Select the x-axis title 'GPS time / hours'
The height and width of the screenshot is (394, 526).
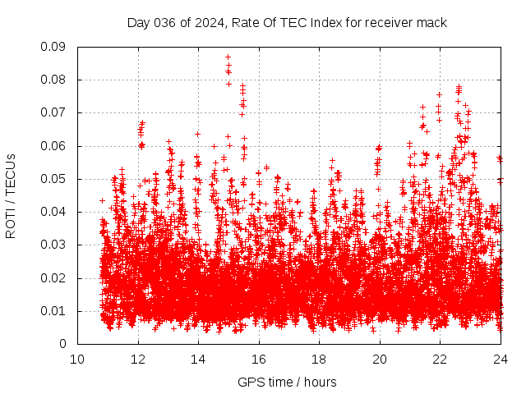(x=287, y=382)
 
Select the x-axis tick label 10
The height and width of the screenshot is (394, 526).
(x=77, y=359)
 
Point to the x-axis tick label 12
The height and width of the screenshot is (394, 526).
(x=138, y=359)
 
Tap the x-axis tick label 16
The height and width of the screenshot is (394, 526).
(x=259, y=359)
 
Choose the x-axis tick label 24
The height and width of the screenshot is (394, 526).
(x=501, y=359)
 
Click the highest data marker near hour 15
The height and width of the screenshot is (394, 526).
(x=228, y=57)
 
